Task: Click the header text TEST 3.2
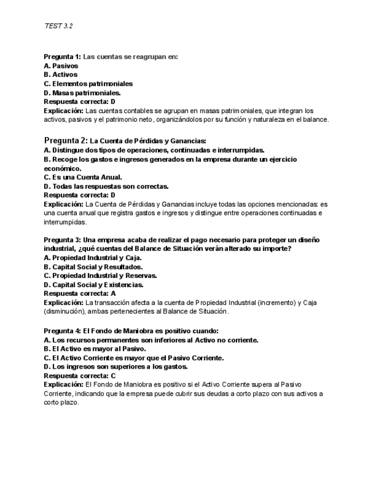tap(58, 26)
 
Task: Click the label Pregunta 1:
tap(63, 57)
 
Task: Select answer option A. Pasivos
tap(61, 66)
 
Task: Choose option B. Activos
tap(60, 75)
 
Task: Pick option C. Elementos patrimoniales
tap(88, 84)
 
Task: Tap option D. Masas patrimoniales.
tap(82, 92)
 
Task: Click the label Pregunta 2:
tap(66, 141)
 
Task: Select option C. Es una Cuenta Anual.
tap(83, 177)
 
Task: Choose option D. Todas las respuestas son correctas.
tap(106, 187)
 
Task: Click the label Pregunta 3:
tap(63, 240)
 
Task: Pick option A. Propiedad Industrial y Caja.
tap(92, 258)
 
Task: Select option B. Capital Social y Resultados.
tap(94, 267)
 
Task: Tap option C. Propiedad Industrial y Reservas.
tap(100, 276)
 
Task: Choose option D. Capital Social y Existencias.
tap(94, 285)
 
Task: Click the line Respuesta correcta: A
tap(80, 293)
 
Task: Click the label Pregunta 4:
tap(63, 331)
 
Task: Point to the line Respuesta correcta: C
tap(80, 376)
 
